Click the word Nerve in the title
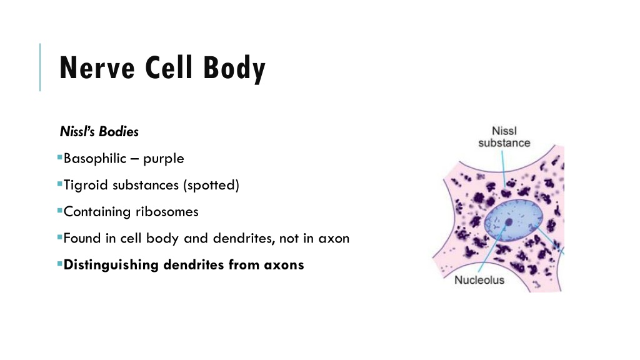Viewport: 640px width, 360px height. point(97,67)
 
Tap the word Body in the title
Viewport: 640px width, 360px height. point(235,69)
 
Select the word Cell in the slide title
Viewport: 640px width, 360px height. point(169,67)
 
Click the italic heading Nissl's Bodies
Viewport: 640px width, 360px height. point(99,131)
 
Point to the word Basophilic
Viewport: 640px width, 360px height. point(95,158)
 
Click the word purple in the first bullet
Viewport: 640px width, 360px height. point(163,159)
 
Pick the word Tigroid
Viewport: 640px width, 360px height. point(85,185)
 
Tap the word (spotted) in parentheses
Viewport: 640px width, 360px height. point(211,185)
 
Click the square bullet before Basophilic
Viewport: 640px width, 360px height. point(60,157)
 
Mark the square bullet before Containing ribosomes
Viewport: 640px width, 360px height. point(60,211)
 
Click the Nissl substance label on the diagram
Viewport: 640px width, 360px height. point(504,137)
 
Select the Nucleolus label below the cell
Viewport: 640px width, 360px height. point(479,280)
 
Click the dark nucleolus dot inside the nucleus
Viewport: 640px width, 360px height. point(509,222)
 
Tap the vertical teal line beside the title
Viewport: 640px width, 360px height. point(40,67)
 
